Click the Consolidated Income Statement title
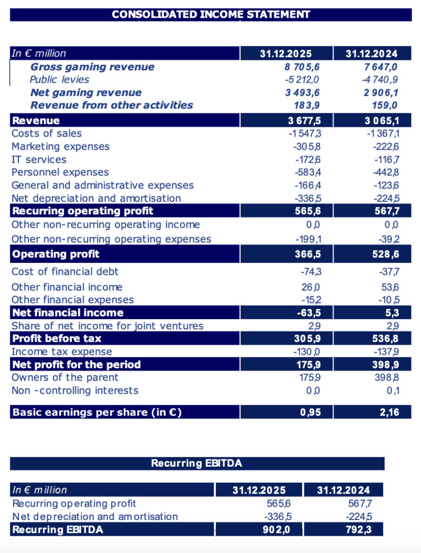(211, 14)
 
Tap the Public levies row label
(59, 79)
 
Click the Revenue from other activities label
(111, 105)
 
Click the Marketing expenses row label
(60, 146)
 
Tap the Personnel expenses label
(60, 172)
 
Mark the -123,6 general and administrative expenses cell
(384, 185)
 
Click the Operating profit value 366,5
(308, 254)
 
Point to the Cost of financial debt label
(65, 272)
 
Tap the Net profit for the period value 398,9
(385, 365)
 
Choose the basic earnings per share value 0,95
(310, 412)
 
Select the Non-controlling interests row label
(74, 390)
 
